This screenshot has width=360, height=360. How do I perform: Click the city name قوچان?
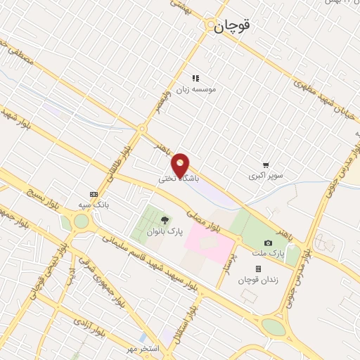[232, 26]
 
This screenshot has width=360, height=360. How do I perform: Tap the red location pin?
[181, 165]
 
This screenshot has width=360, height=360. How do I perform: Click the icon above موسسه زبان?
[195, 78]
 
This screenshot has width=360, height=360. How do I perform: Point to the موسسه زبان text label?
[215, 89]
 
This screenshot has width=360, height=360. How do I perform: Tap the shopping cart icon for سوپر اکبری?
[265, 165]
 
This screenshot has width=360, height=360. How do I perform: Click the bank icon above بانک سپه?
[94, 194]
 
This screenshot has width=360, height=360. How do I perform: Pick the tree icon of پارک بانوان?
[164, 221]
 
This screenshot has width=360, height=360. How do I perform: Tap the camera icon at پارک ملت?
[267, 243]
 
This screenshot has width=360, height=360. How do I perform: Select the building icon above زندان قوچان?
[258, 269]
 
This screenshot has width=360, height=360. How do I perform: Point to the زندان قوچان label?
[255, 280]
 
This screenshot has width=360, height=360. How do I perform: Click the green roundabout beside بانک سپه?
[81, 221]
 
